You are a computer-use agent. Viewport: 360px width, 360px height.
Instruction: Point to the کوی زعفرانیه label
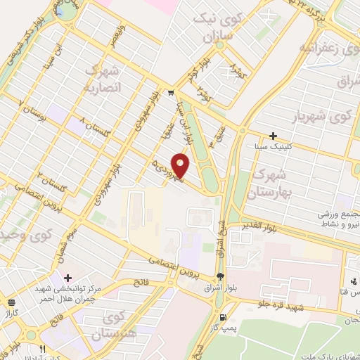[x=324, y=48]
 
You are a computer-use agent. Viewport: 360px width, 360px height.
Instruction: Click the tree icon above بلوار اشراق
[x=221, y=276]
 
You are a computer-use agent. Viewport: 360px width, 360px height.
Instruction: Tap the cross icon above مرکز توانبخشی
[x=67, y=278]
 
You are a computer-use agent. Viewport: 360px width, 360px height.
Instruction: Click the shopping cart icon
[x=170, y=92]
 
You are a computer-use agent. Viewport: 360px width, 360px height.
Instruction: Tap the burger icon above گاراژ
[x=11, y=302]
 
